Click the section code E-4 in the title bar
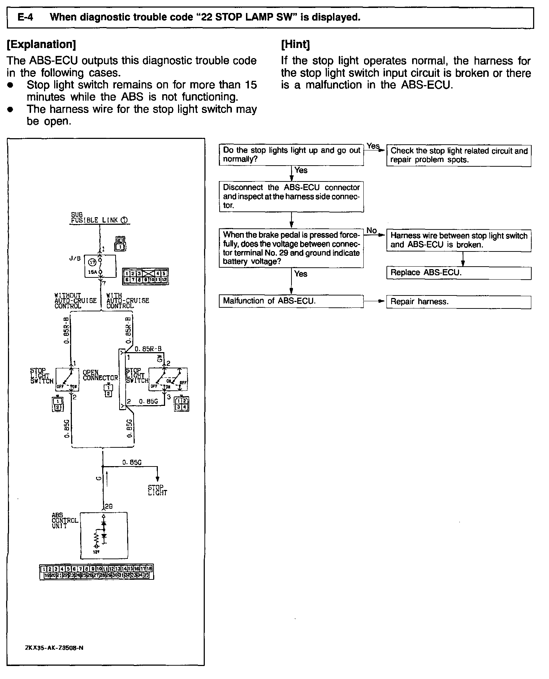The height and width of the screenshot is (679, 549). [25, 17]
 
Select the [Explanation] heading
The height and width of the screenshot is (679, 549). [41, 44]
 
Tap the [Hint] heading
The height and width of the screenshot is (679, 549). [295, 44]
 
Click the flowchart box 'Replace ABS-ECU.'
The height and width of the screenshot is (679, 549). [458, 273]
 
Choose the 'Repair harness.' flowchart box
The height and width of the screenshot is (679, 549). [458, 302]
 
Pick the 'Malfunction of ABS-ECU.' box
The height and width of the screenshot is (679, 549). [291, 301]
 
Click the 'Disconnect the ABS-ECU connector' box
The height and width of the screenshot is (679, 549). [291, 196]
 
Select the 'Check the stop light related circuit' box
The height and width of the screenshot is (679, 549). [458, 155]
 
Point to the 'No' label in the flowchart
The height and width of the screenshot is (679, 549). [371, 230]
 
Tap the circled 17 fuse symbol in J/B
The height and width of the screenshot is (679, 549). [93, 262]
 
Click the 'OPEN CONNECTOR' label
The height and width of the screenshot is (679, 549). [100, 375]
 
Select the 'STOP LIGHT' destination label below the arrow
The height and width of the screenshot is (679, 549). [157, 490]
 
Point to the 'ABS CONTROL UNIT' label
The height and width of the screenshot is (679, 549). [64, 521]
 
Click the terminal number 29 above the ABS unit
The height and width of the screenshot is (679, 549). [109, 506]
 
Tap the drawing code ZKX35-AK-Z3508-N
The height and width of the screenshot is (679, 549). [54, 647]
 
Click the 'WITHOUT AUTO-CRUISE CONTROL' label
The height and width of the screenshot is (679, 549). [75, 301]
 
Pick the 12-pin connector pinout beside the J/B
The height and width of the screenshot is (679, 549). [145, 276]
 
